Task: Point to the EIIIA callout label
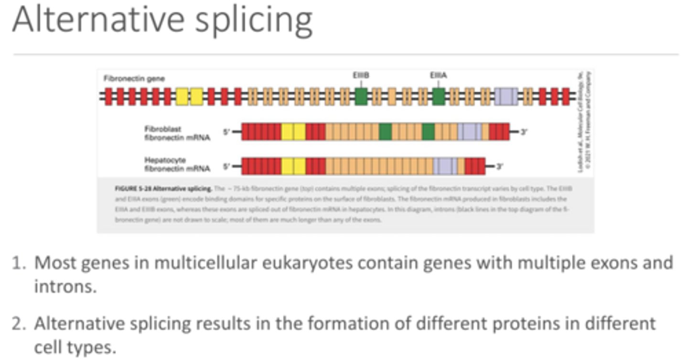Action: tap(438, 75)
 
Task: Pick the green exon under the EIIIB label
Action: tap(361, 96)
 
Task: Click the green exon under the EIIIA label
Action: tap(439, 96)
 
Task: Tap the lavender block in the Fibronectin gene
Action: tap(506, 96)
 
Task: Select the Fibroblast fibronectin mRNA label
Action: tap(176, 133)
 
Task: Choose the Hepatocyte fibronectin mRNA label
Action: tap(176, 164)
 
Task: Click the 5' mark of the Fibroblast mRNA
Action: tap(226, 132)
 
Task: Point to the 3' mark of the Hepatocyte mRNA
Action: tap(499, 167)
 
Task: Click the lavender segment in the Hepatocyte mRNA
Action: tap(445, 166)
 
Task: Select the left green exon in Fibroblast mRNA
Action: tap(385, 131)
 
